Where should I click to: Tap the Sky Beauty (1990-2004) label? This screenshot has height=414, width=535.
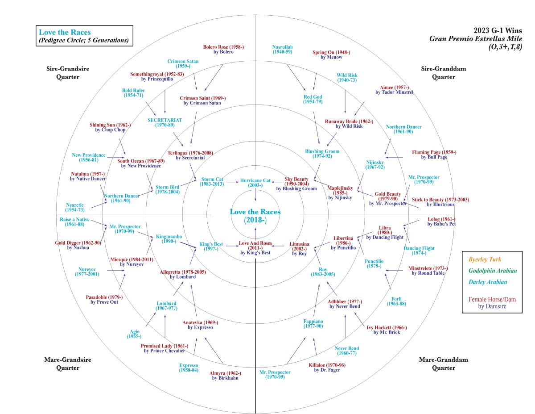[x=296, y=182]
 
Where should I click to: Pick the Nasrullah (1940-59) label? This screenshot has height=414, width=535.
[x=282, y=49]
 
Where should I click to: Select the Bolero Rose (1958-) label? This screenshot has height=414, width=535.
[x=223, y=49]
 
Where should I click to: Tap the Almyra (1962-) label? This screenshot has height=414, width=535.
[x=225, y=375]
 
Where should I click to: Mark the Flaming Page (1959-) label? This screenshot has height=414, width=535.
[x=434, y=155]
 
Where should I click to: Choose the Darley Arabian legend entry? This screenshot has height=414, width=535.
[x=487, y=282]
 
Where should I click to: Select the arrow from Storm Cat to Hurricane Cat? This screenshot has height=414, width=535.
[x=232, y=182]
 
